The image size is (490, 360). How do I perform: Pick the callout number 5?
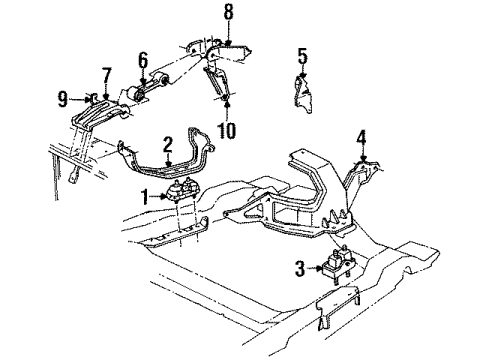click(x=302, y=54)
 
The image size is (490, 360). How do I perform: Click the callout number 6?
click(x=143, y=59)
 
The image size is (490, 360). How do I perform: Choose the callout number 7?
click(x=107, y=75)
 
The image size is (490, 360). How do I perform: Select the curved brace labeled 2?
click(x=170, y=170)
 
